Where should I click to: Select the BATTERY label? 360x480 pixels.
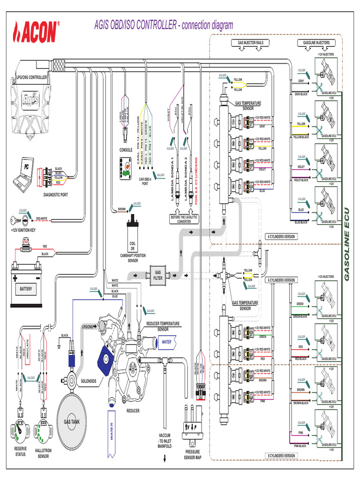click(x=26, y=289)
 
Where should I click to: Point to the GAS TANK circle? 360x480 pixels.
click(x=78, y=421)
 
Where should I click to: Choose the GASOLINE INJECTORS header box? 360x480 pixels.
click(x=316, y=43)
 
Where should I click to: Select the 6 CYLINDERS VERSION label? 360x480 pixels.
click(x=282, y=280)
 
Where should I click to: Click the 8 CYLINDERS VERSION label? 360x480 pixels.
click(x=281, y=456)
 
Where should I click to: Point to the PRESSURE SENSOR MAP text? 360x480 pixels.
click(x=193, y=454)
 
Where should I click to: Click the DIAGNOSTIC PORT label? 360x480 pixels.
click(x=56, y=195)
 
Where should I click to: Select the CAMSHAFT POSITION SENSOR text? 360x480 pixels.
click(x=133, y=258)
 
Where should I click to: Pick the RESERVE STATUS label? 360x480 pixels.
click(x=20, y=451)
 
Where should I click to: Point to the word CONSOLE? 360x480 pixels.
click(x=126, y=150)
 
